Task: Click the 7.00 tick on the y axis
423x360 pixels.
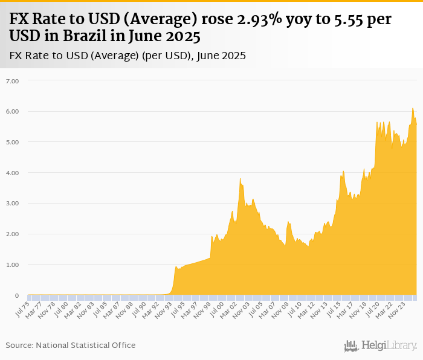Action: pos(12,80)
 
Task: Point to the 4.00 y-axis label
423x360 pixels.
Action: pos(12,173)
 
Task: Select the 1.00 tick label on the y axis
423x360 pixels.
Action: pos(12,265)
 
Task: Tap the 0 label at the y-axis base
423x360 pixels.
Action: pos(16,295)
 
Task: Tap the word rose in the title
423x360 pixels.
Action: pos(216,19)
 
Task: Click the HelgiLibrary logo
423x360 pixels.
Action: pos(380,346)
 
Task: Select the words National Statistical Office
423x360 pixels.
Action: pos(86,345)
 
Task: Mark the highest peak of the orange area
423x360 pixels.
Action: pos(413,109)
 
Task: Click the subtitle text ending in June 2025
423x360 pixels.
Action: pos(128,56)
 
